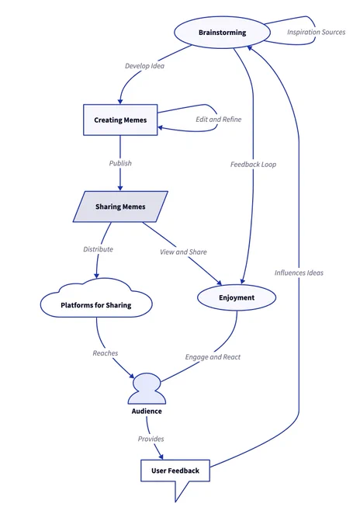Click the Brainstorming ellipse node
222,33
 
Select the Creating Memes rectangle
120,120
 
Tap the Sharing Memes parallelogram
120,207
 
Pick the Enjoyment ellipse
237,297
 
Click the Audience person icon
147,388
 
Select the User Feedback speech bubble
175,474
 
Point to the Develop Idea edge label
144,66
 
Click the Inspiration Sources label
317,32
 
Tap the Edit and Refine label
219,120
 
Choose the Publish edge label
120,163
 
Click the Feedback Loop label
254,165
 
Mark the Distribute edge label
99,249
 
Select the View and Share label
183,252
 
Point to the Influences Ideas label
299,273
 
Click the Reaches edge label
106,353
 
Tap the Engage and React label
213,357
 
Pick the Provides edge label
151,439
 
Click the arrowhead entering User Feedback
161,456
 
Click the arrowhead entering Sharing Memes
120,188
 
